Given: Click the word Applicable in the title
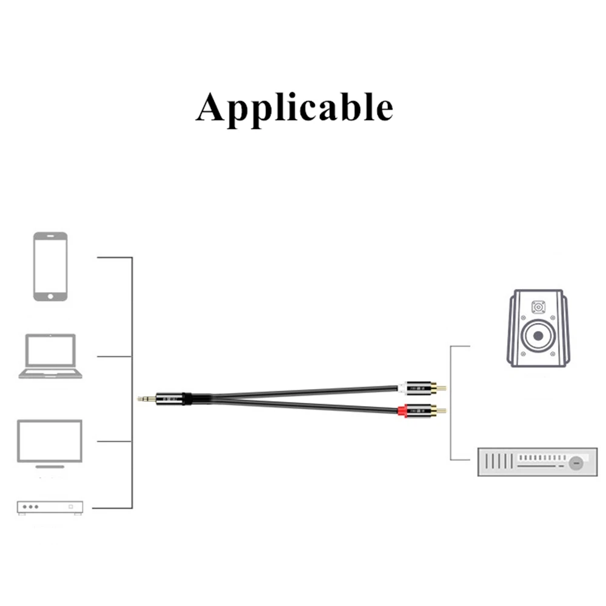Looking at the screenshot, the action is [x=295, y=107].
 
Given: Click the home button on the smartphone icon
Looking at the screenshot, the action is [x=50, y=296].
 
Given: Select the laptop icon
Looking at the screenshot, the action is [x=50, y=356].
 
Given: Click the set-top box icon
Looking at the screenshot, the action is [x=50, y=507].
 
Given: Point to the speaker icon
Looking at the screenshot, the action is [x=537, y=328].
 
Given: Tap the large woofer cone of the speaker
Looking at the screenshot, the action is [x=537, y=336].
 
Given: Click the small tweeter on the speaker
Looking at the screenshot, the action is [x=538, y=307].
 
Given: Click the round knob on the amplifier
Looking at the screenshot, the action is [x=575, y=464].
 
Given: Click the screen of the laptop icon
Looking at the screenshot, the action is [x=50, y=351].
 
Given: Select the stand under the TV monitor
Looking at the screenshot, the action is [x=50, y=466].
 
